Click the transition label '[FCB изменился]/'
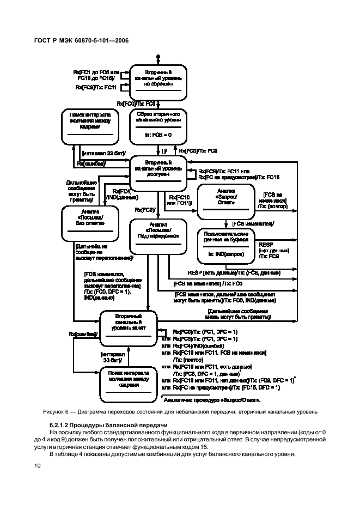[x=253, y=223]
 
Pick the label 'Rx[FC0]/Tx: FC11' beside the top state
[x=95, y=87]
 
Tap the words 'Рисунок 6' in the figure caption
[x=54, y=411]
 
